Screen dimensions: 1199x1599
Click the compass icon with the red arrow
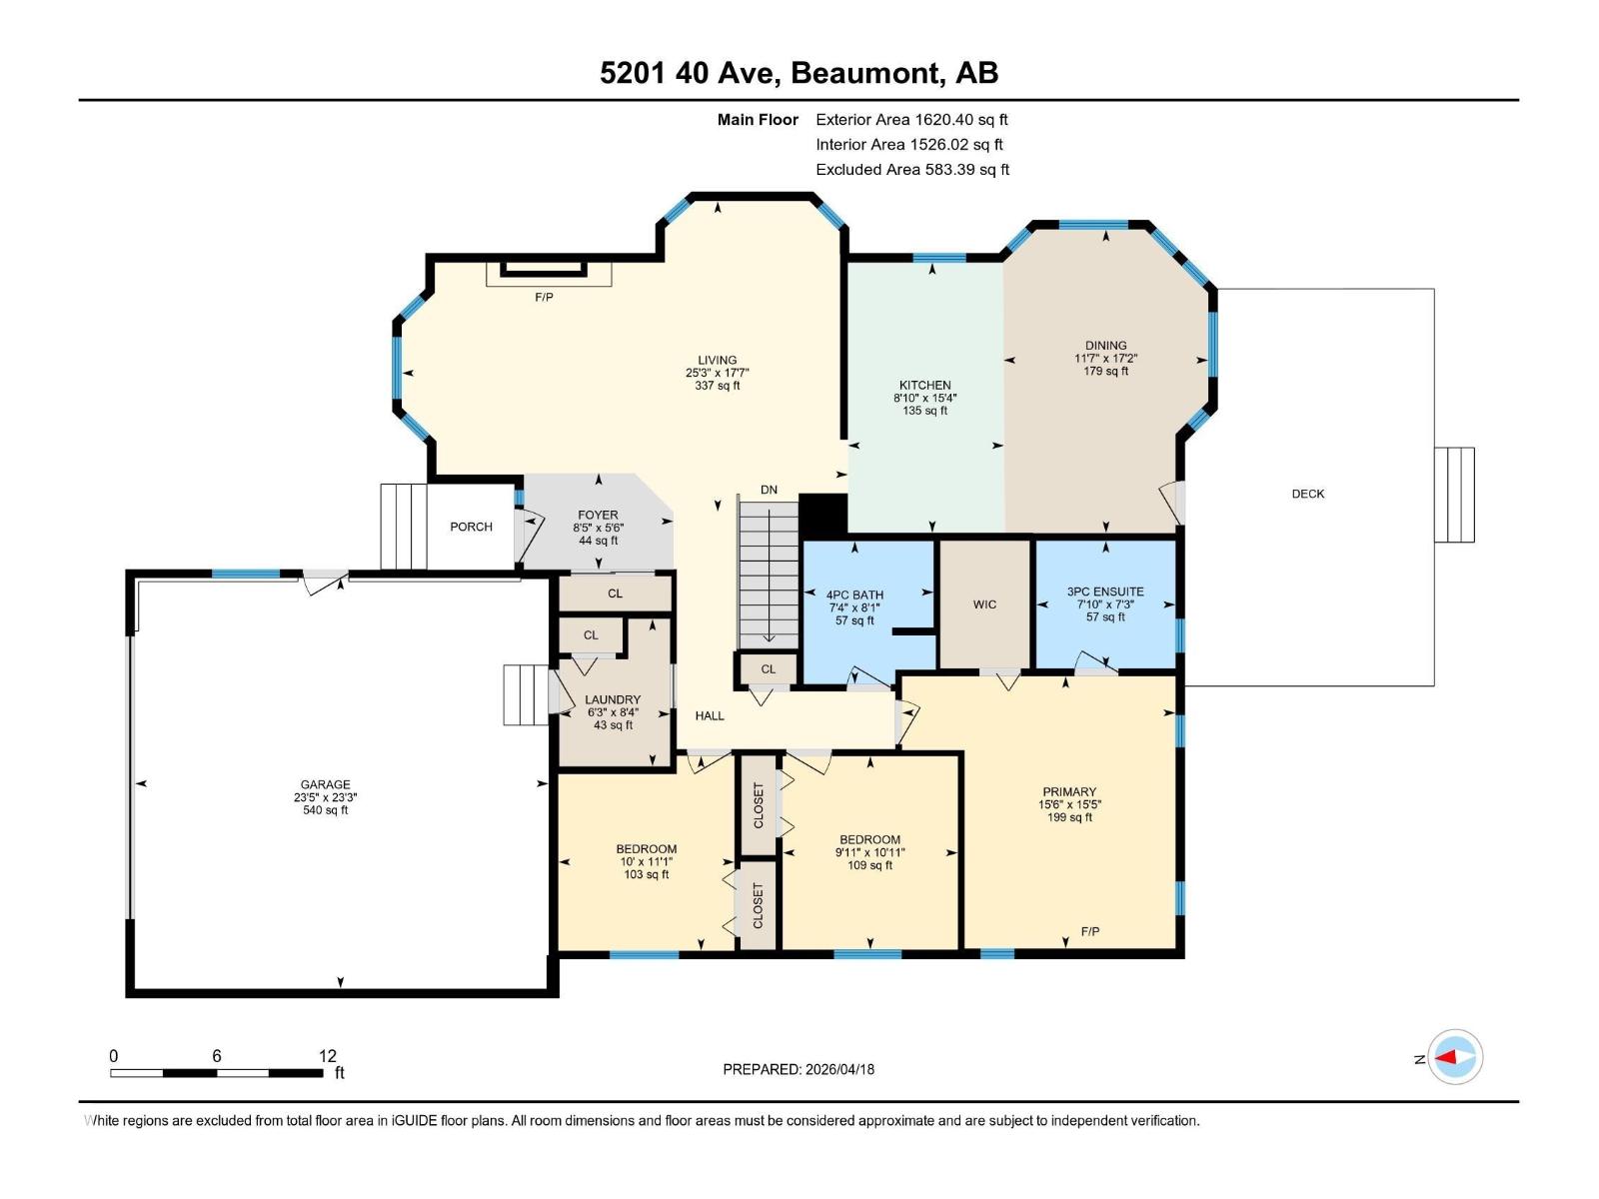click(x=1455, y=1057)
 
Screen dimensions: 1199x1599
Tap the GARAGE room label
click(x=326, y=785)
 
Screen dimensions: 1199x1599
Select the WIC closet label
click(x=984, y=604)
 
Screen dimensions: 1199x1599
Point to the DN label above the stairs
click(x=769, y=490)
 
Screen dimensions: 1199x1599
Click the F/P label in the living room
click(x=544, y=298)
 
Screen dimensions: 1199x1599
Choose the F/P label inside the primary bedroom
click(x=1090, y=931)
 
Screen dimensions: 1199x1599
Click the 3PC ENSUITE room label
click(x=1105, y=592)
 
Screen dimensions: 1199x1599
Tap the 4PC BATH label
click(x=854, y=596)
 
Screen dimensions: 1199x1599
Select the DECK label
click(x=1307, y=494)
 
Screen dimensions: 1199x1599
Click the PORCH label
click(x=471, y=527)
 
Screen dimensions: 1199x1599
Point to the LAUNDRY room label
click(x=613, y=700)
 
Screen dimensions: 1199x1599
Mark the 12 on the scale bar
click(x=328, y=1056)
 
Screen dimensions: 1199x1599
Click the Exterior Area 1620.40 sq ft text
click(x=911, y=120)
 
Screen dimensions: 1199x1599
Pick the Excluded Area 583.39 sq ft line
click(x=912, y=170)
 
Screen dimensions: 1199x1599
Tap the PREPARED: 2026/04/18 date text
click(x=799, y=1069)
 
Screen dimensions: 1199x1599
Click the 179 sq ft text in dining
click(x=1105, y=371)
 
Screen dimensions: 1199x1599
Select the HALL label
click(x=710, y=715)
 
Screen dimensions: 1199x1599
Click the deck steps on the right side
click(x=1454, y=495)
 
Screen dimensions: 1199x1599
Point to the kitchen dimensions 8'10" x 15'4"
click(x=924, y=398)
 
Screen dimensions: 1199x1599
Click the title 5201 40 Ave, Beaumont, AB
click(x=799, y=73)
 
